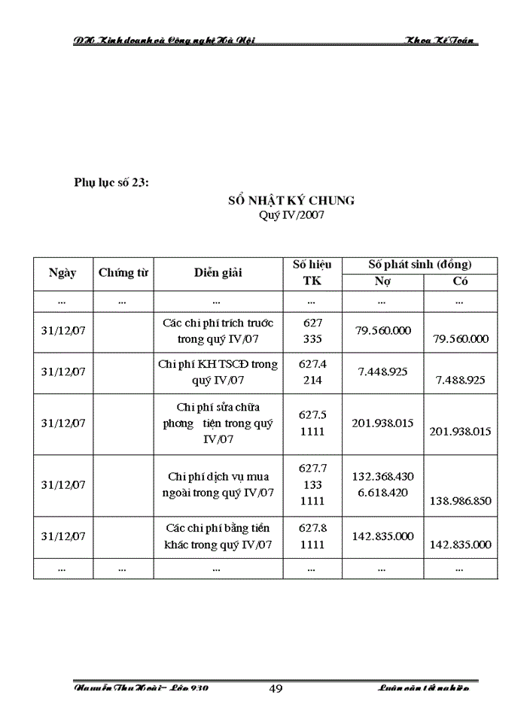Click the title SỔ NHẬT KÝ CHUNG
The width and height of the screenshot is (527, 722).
291,201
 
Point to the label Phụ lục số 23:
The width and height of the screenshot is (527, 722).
111,182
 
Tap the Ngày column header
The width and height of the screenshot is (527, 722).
62,273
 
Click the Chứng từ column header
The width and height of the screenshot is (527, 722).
123,273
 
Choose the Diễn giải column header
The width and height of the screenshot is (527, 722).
218,273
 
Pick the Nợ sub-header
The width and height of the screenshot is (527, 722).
382,281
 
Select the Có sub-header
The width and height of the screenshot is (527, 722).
460,281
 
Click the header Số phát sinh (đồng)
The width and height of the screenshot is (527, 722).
419,264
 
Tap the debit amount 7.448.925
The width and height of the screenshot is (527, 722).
382,372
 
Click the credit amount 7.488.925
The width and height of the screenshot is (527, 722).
461,381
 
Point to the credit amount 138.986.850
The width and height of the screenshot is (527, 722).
461,500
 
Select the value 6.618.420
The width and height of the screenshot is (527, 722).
382,492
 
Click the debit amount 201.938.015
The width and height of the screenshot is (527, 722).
382,423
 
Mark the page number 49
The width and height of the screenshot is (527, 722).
276,688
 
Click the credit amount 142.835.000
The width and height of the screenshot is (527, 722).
461,545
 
